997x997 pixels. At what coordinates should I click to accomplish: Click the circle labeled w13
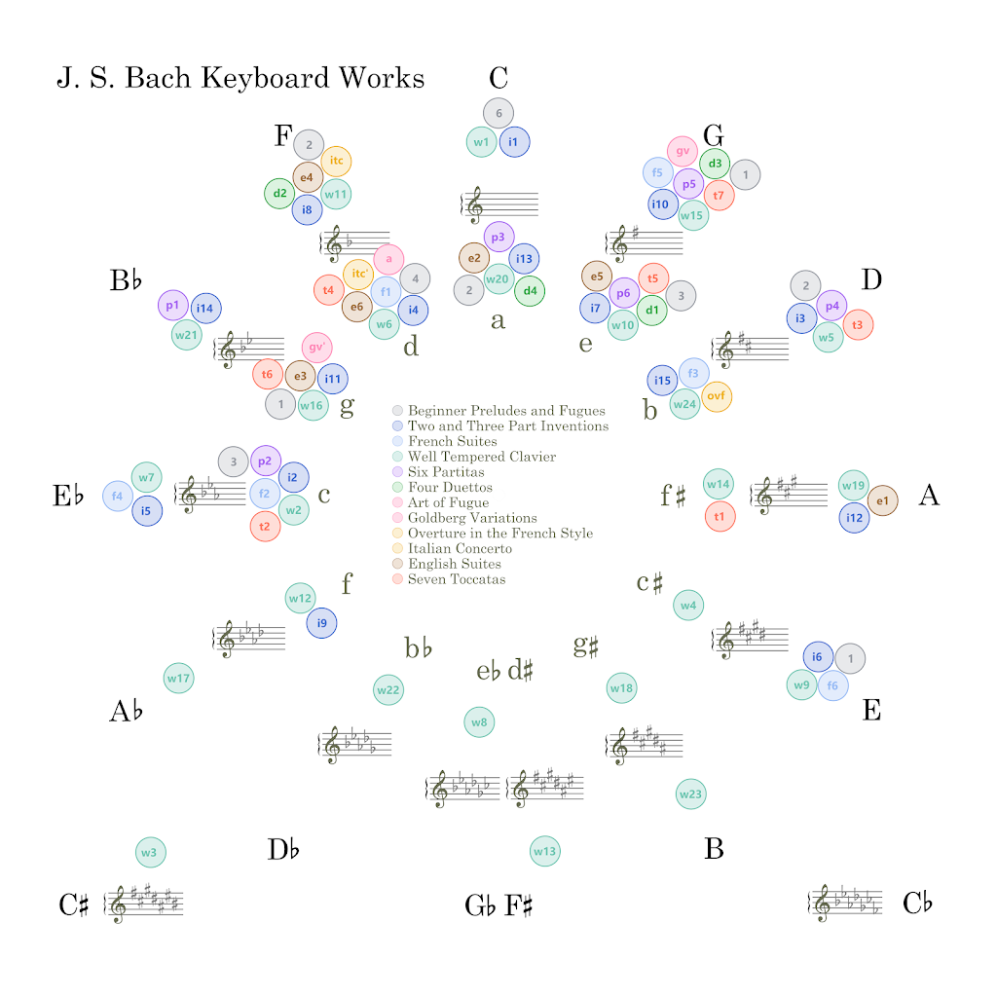tap(544, 851)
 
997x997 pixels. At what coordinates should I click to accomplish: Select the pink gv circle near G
tap(683, 151)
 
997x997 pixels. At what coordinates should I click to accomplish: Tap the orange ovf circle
tap(716, 396)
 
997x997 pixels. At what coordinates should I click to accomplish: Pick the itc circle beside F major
tap(336, 161)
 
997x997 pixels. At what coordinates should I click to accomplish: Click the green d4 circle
tap(530, 290)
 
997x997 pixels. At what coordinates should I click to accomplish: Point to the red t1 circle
tap(720, 516)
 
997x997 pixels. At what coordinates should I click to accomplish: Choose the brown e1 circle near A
tap(882, 500)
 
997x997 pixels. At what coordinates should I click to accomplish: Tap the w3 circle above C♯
tap(150, 852)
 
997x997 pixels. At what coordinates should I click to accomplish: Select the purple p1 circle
tap(172, 305)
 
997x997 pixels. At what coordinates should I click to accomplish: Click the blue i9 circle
tap(321, 623)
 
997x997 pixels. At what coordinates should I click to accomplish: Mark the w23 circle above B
tap(690, 794)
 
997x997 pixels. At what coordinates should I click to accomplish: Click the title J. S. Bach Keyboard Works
tap(240, 78)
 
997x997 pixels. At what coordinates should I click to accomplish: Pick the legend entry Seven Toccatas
tap(457, 579)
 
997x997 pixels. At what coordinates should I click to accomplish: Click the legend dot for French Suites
tap(397, 441)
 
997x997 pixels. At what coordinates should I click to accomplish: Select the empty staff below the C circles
tap(499, 204)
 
